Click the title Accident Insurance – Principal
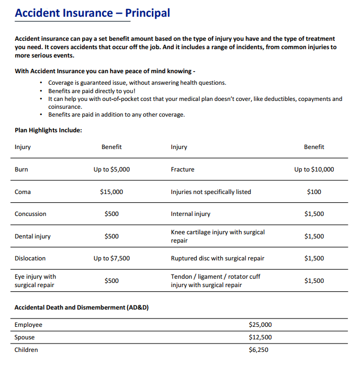[x=92, y=13]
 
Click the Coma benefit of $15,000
[x=111, y=192]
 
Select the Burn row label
[x=21, y=169]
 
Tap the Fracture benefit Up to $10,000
[x=314, y=169]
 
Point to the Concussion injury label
[x=30, y=214]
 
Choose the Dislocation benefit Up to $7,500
[x=111, y=258]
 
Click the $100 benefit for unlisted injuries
[x=314, y=192]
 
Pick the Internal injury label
[x=190, y=214]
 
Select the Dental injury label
[x=32, y=236]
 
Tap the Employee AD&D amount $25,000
[x=260, y=325]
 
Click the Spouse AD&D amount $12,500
[x=260, y=337]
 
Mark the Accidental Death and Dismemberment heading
[x=81, y=307]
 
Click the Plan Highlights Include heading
[x=48, y=130]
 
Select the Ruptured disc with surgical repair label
[x=217, y=258]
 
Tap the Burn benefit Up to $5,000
[x=111, y=169]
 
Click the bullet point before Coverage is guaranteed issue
[x=41, y=83]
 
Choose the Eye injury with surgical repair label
[x=35, y=281]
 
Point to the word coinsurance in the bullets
[x=65, y=107]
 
